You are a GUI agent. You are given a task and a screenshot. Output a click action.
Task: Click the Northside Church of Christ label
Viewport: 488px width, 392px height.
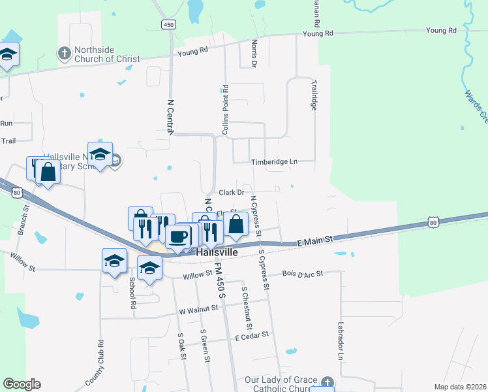(107, 54)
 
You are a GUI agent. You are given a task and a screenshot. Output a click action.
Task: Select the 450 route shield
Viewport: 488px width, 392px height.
(169, 24)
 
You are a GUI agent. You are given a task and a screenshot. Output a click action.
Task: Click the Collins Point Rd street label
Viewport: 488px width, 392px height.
(225, 110)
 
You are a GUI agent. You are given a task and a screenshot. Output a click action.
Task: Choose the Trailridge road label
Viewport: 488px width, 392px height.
(314, 95)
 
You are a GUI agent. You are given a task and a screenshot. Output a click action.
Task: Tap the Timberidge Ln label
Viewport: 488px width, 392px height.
(274, 161)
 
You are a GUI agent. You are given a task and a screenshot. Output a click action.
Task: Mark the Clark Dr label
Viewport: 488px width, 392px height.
(231, 192)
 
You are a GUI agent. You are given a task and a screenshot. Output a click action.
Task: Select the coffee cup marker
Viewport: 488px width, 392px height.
(177, 237)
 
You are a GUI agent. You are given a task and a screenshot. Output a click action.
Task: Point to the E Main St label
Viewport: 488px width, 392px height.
(314, 240)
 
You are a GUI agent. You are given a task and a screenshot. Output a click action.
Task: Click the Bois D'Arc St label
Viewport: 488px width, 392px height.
(303, 274)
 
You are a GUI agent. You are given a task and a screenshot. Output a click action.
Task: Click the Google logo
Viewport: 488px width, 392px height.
(22, 384)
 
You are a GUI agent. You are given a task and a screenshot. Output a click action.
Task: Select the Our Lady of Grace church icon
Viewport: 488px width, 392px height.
(327, 381)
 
